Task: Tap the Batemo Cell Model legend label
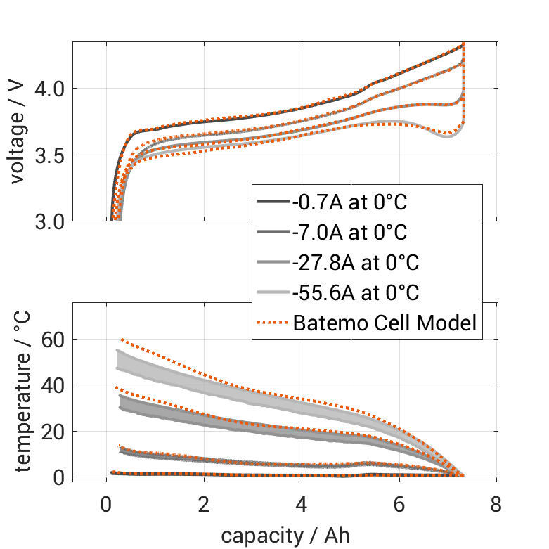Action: pyautogui.click(x=385, y=323)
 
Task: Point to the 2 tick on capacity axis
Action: pyautogui.click(x=204, y=505)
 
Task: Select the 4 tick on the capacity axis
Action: pyautogui.click(x=302, y=505)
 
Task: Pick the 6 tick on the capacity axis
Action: pyautogui.click(x=399, y=505)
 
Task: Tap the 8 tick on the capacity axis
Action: pyautogui.click(x=497, y=505)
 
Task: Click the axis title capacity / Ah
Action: pyautogui.click(x=285, y=535)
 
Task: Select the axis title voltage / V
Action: pyautogui.click(x=18, y=132)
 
